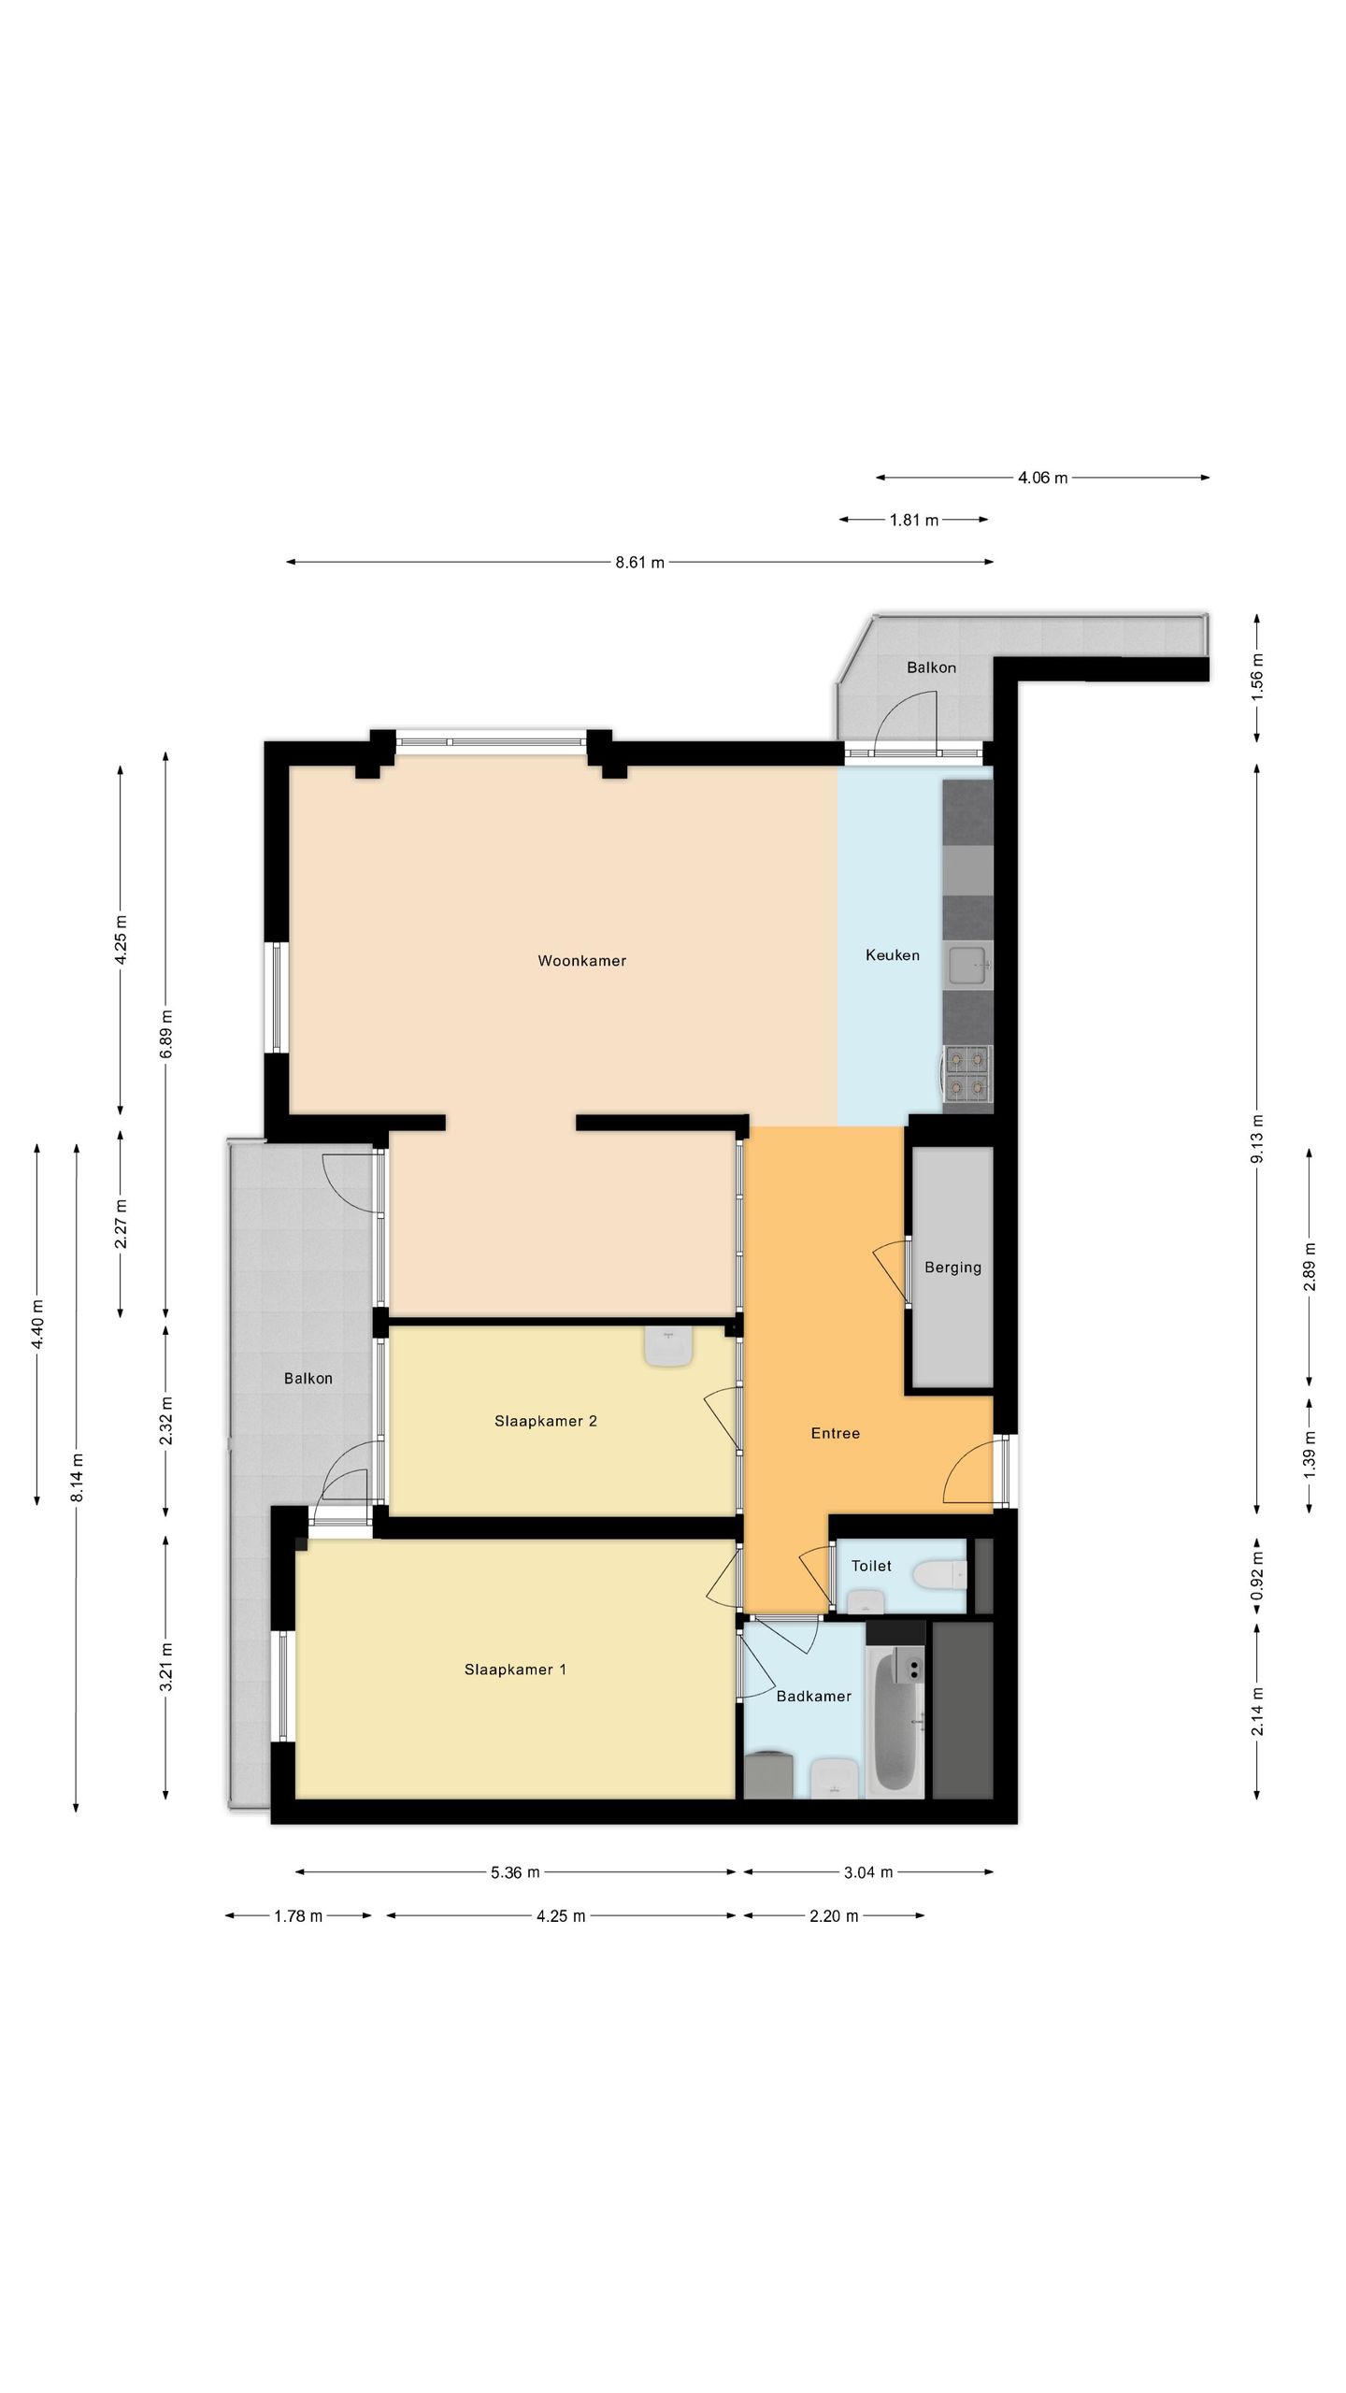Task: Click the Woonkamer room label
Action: [581, 960]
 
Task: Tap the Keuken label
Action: [892, 954]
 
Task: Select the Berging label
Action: [952, 1268]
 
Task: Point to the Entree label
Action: [835, 1433]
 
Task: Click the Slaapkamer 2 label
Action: [545, 1421]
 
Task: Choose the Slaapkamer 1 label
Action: [515, 1669]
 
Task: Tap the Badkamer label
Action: [813, 1696]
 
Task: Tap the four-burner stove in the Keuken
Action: [967, 1073]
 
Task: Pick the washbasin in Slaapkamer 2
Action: [667, 1347]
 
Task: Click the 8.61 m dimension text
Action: [639, 563]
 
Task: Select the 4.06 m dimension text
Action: [1042, 478]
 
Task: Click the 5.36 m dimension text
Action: [515, 1872]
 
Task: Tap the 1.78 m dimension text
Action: [297, 1916]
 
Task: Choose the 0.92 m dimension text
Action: [1258, 1576]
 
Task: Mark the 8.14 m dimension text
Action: [79, 1478]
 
